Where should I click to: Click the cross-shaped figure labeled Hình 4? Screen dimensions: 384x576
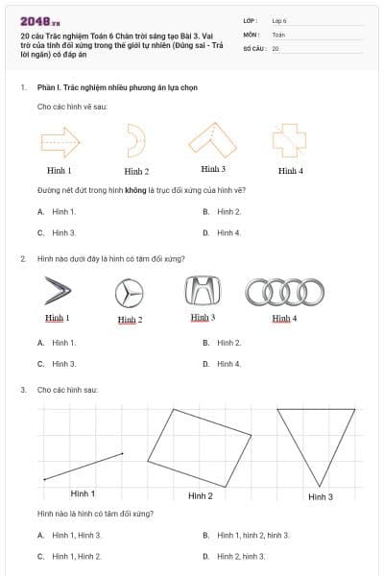(287, 142)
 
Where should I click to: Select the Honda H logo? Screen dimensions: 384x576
(202, 291)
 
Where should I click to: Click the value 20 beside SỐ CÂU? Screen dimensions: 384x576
(276, 48)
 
